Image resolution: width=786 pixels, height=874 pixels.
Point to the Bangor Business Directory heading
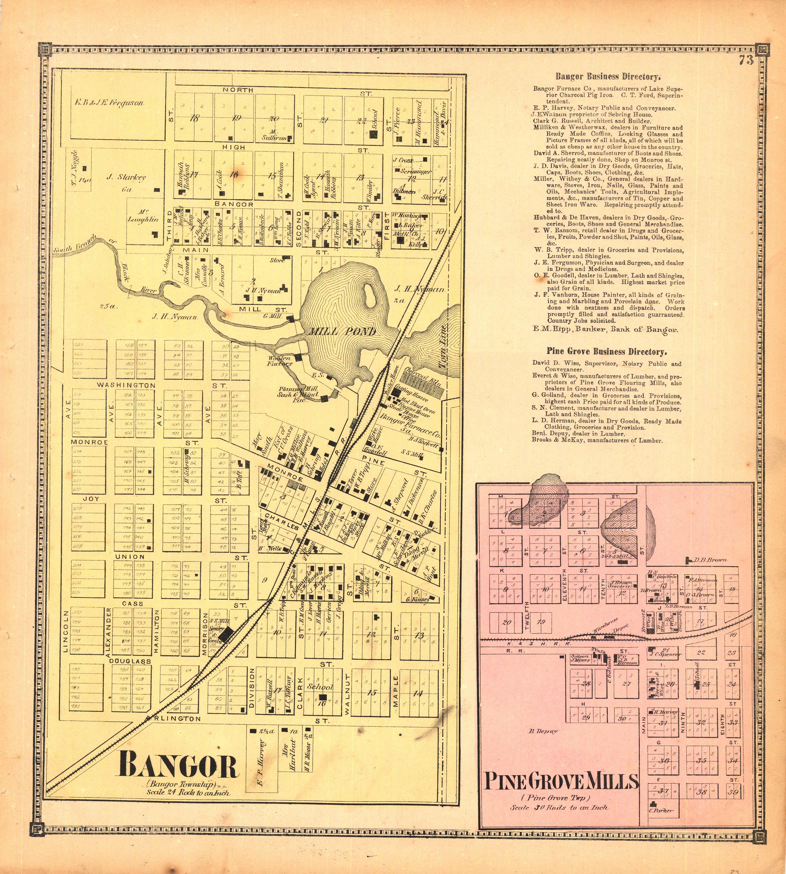(608, 77)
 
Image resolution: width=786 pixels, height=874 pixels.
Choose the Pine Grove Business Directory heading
(606, 352)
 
